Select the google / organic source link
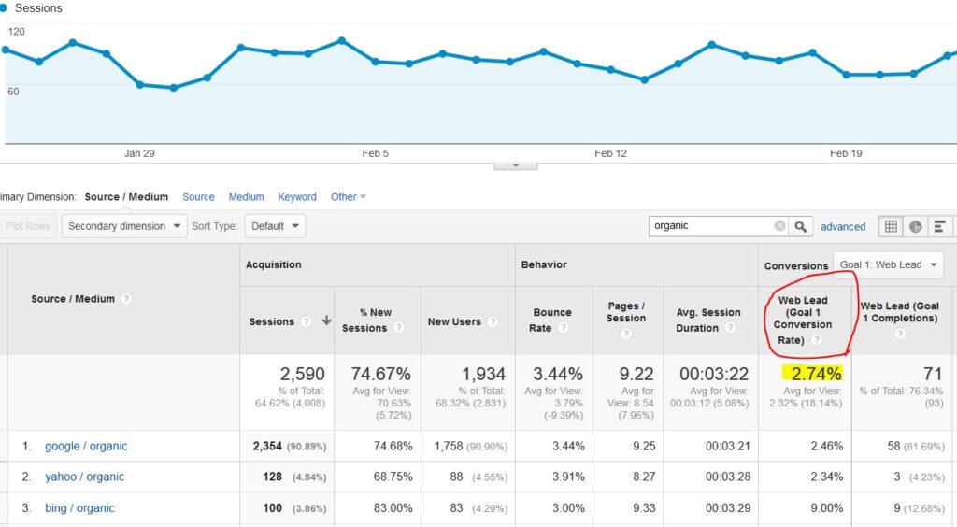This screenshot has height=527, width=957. (86, 446)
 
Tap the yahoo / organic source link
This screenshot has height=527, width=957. (84, 477)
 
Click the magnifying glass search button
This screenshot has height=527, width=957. (801, 226)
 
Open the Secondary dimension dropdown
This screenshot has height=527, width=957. (124, 226)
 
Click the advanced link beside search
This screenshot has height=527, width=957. (843, 226)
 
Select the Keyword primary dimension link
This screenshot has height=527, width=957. (297, 197)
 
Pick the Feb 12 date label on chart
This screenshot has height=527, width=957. (610, 153)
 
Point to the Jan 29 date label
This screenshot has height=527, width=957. (139, 153)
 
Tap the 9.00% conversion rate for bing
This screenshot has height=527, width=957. (827, 508)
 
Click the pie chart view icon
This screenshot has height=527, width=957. (916, 226)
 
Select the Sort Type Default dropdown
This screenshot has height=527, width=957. (275, 226)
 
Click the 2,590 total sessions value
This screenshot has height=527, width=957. (302, 374)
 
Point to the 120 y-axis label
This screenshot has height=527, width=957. (17, 32)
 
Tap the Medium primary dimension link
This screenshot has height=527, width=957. (246, 197)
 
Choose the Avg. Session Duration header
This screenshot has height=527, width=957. (708, 320)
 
